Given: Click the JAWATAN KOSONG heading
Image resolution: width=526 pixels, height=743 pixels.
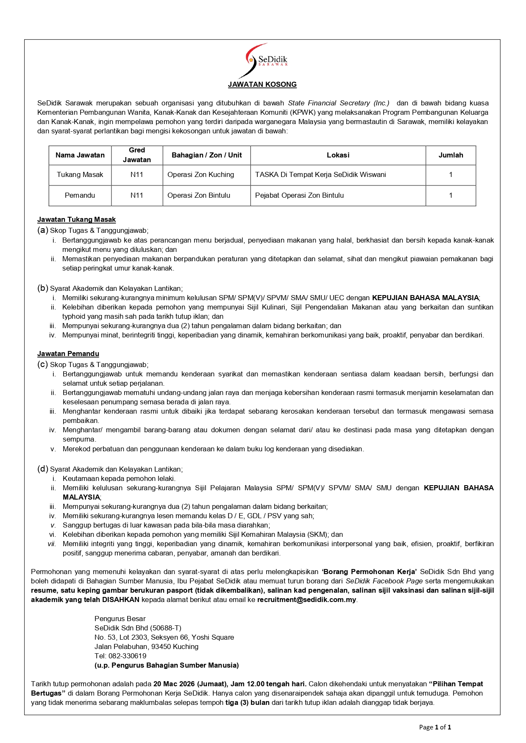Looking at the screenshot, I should pyautogui.click(x=262, y=84).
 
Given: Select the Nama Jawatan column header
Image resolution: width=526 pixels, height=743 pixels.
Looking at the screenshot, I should pyautogui.click(x=80, y=155).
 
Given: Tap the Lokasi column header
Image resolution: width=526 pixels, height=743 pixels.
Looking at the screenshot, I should pyautogui.click(x=338, y=155).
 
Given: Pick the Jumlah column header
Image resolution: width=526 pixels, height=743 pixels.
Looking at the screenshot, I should pyautogui.click(x=451, y=155).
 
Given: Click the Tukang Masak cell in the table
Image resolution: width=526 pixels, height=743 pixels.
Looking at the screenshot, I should pyautogui.click(x=80, y=174).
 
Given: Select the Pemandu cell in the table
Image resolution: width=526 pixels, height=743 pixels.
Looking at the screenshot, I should pyautogui.click(x=80, y=195).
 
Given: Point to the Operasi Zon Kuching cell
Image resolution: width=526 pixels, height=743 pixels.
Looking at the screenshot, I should pyautogui.click(x=201, y=174).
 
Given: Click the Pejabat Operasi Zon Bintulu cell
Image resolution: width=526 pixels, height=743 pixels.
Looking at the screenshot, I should pyautogui.click(x=299, y=195).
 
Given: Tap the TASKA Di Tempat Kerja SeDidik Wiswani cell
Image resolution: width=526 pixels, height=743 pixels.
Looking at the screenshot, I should pyautogui.click(x=320, y=174).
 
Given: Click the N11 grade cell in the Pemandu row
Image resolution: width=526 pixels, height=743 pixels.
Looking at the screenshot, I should pyautogui.click(x=136, y=195).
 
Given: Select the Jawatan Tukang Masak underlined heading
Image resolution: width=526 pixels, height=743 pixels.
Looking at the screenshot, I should pyautogui.click(x=76, y=219).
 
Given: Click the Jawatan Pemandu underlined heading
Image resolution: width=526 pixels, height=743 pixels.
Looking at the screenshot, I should pyautogui.click(x=68, y=354).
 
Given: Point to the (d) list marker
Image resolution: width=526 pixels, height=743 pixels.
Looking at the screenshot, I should pyautogui.click(x=42, y=469).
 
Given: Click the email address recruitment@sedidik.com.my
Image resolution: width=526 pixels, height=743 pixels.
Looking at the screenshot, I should pyautogui.click(x=306, y=599).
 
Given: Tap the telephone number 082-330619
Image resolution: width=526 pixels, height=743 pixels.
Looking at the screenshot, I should pyautogui.click(x=127, y=656).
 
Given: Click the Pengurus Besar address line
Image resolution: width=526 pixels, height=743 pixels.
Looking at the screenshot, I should pyautogui.click(x=120, y=619).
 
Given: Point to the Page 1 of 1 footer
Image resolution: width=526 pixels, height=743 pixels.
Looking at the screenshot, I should pyautogui.click(x=435, y=727).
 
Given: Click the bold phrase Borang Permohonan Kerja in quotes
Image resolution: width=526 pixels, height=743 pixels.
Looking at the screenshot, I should pyautogui.click(x=370, y=572).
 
